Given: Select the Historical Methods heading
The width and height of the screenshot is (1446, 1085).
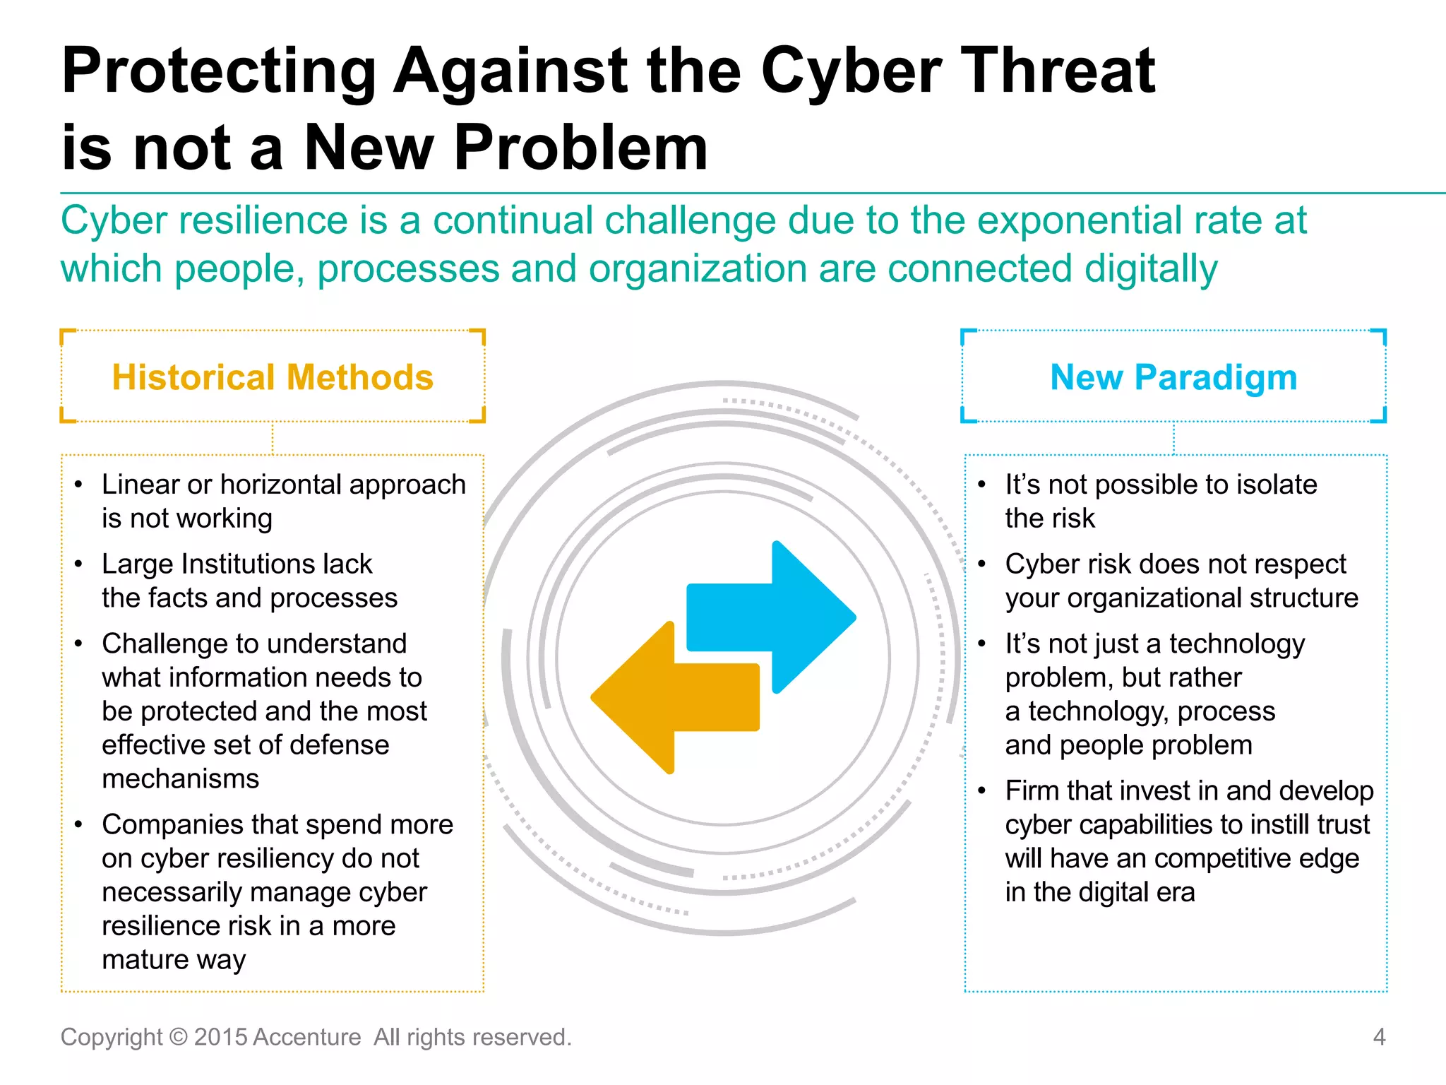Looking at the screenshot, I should pyautogui.click(x=273, y=377).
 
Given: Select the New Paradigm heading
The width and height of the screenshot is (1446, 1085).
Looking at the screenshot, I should pyautogui.click(x=1173, y=377).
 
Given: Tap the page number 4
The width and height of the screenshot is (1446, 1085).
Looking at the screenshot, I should pyautogui.click(x=1378, y=1037).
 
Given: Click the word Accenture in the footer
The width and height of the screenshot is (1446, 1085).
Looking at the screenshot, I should pyautogui.click(x=306, y=1037).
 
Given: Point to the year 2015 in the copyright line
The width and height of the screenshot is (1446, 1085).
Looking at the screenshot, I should pyautogui.click(x=220, y=1037).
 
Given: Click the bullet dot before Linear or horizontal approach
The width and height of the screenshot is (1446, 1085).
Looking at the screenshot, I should pyautogui.click(x=79, y=485).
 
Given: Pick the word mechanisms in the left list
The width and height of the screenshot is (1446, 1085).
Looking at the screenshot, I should pyautogui.click(x=181, y=778).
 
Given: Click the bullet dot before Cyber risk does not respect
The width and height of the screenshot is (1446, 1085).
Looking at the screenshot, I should pyautogui.click(x=982, y=564).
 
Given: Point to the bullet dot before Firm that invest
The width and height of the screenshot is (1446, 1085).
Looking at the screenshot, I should pyautogui.click(x=982, y=791).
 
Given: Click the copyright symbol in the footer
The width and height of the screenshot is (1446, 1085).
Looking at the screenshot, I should pyautogui.click(x=179, y=1037).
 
